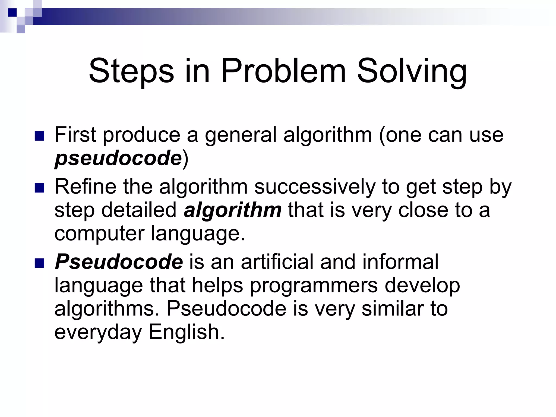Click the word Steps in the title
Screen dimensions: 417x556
pos(131,71)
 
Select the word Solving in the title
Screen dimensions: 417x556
pos(412,71)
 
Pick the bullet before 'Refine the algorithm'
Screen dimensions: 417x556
pos(40,188)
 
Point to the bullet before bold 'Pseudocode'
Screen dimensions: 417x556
pos(40,263)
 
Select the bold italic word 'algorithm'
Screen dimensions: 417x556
pos(233,210)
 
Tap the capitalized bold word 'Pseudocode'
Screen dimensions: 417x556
pos(119,262)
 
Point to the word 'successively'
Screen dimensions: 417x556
pos(315,187)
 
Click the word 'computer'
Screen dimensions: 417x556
pos(99,233)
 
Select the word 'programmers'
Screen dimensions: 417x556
pos(314,286)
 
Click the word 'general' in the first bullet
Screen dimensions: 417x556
pos(241,135)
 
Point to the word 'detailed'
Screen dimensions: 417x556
pos(139,210)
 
